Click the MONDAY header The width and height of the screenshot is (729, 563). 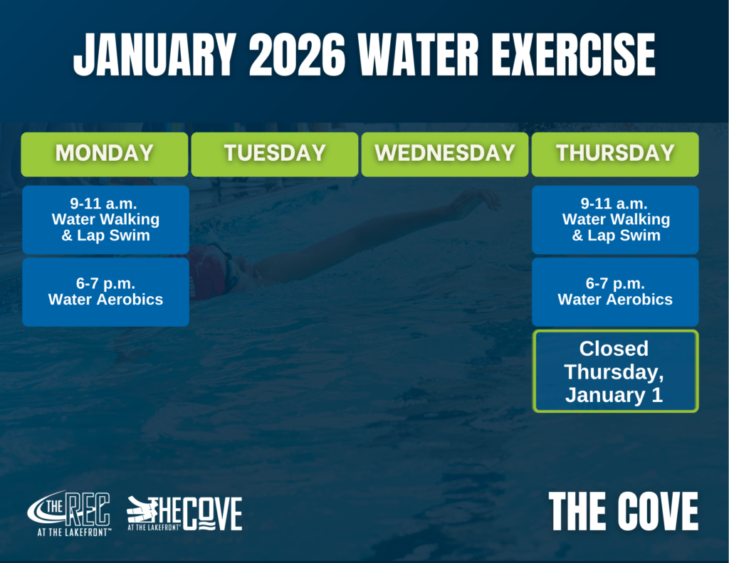pos(105,154)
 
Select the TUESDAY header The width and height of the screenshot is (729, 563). pos(275,154)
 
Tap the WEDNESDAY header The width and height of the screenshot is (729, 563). pos(445,154)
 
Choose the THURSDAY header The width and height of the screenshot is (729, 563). pos(615,154)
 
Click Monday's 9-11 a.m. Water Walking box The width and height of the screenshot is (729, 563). pos(105,220)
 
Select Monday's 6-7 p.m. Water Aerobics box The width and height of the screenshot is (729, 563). pos(105,292)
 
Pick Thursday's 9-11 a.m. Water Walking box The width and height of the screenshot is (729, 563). pos(615,220)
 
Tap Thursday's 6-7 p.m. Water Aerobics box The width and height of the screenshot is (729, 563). pos(615,292)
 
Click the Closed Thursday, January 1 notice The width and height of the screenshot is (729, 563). pos(615,371)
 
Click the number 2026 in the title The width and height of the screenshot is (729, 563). pos(297,55)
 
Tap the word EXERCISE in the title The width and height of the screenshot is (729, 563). pos(574,55)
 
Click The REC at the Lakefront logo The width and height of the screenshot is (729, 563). pos(69,513)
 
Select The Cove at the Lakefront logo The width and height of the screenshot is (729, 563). pos(184,513)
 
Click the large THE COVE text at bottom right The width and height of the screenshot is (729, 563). pos(624,511)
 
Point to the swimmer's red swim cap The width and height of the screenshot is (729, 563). pos(209,271)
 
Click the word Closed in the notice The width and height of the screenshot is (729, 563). pos(614,349)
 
